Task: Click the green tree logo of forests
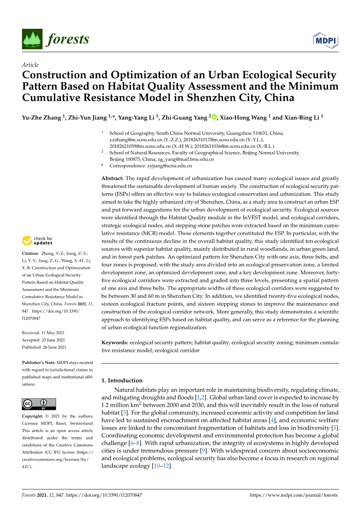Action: [x=32, y=39]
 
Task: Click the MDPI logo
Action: [x=325, y=40]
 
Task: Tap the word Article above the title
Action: [x=30, y=65]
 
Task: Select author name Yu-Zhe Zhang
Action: [x=41, y=117]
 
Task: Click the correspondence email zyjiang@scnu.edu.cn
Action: [x=169, y=166]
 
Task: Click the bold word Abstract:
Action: [x=112, y=178]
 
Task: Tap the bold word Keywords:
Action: [x=115, y=343]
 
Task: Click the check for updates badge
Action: [x=37, y=241]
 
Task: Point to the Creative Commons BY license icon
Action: [x=39, y=404]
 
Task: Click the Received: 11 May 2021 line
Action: [x=43, y=333]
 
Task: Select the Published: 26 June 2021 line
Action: [x=44, y=347]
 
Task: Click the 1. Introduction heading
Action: [x=122, y=380]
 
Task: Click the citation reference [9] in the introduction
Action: [x=203, y=451]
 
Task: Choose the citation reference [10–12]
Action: [x=162, y=466]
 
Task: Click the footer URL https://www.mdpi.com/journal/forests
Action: [x=293, y=495]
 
